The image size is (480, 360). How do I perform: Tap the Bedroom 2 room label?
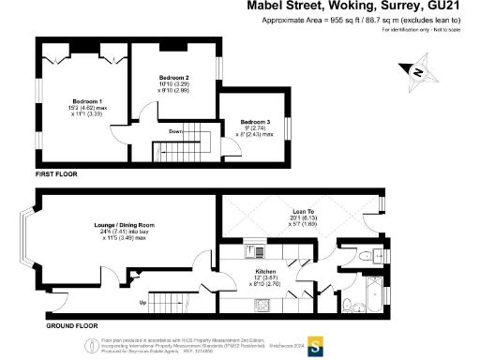pos(173,77)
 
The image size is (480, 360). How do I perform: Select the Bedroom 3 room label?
pos(256,123)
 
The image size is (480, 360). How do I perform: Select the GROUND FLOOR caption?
pos(66,325)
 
